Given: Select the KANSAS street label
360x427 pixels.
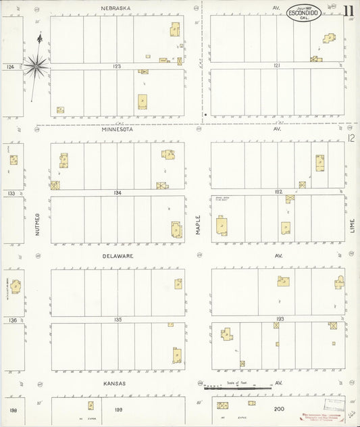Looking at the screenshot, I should point(115,383).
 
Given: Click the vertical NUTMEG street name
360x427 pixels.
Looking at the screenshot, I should point(38,224).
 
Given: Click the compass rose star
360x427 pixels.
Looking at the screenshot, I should point(35,66).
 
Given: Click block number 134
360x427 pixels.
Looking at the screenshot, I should point(118,193).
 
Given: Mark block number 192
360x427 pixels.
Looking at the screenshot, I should point(278,193).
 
